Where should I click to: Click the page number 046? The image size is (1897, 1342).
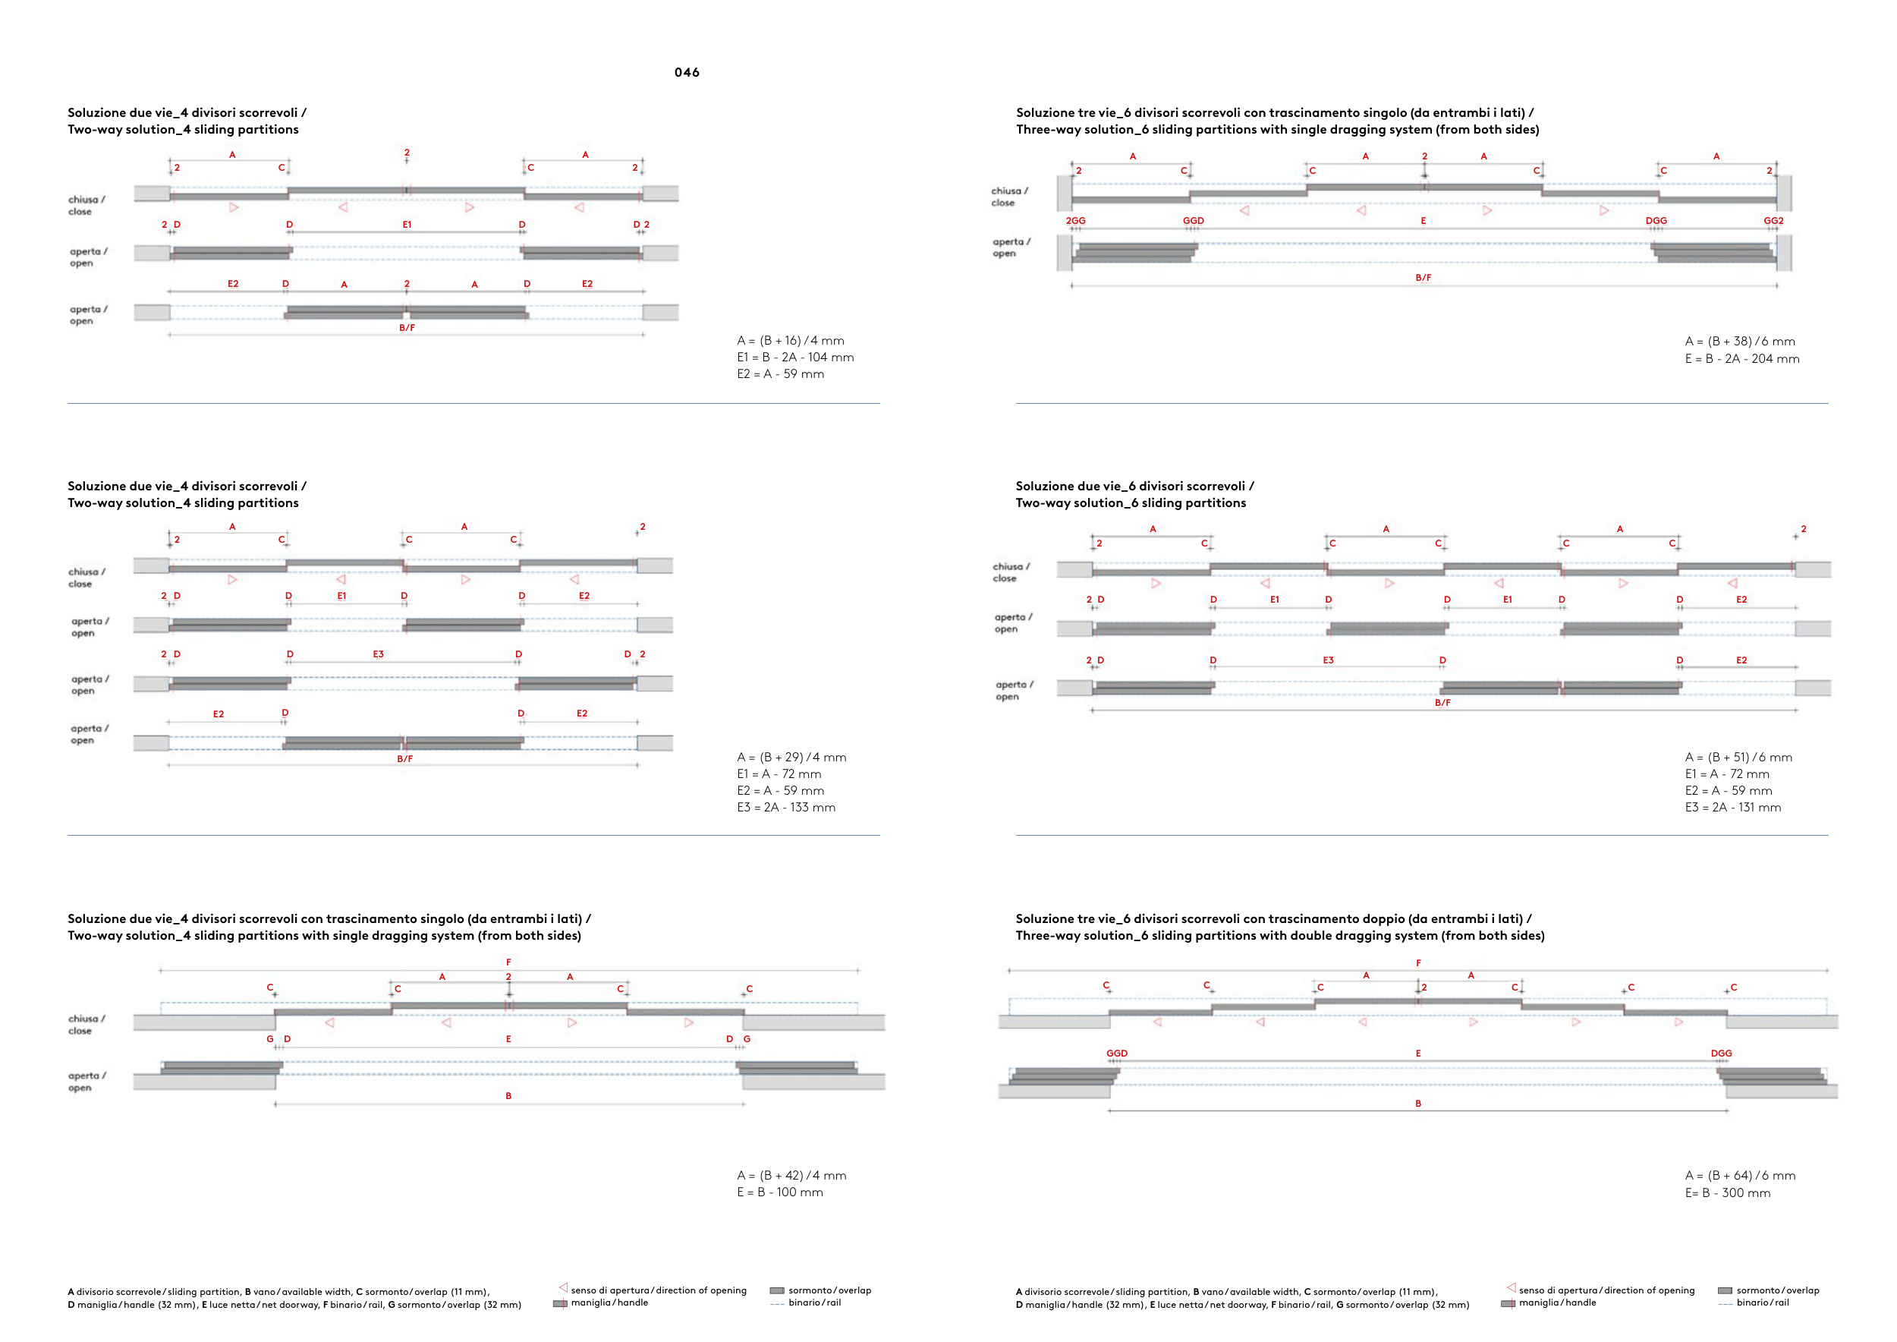(x=687, y=73)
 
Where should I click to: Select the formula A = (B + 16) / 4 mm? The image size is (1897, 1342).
(x=790, y=341)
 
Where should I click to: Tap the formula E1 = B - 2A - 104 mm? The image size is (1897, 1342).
(x=794, y=357)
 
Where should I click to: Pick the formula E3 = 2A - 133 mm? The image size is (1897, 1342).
(x=785, y=808)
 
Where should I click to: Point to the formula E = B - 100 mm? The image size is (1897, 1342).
(x=779, y=1192)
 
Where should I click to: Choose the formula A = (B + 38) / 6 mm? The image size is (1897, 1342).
(x=1739, y=342)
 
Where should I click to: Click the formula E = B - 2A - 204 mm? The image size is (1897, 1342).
(x=1741, y=358)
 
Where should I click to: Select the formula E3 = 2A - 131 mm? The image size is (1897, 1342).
(x=1732, y=808)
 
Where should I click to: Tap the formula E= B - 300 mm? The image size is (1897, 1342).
(x=1728, y=1193)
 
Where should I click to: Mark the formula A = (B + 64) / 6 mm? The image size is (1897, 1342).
(x=1739, y=1176)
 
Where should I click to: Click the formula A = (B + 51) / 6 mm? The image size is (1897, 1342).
(x=1738, y=757)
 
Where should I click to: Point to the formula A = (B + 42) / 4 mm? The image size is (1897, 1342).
(x=791, y=1176)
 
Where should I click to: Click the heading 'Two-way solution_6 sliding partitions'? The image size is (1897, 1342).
(x=1131, y=502)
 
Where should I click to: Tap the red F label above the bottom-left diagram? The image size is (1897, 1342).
(x=508, y=962)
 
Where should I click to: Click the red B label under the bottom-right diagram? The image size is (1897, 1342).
(x=1417, y=1103)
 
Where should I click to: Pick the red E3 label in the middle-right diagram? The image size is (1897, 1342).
(x=1328, y=660)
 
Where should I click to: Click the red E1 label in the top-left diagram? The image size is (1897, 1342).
(x=407, y=224)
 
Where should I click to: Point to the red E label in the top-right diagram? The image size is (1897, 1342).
(x=1423, y=221)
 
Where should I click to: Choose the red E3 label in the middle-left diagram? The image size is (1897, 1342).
(x=378, y=654)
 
